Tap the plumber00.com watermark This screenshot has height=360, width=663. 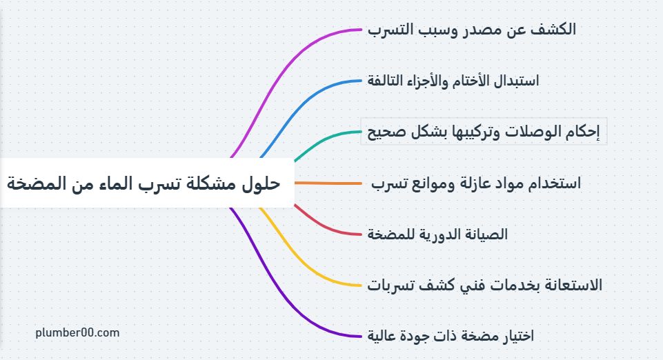[77, 332]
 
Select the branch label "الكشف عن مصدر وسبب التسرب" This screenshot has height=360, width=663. [471, 30]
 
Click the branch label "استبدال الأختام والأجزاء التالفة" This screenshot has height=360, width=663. [453, 81]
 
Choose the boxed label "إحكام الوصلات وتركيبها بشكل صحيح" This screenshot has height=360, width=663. [484, 132]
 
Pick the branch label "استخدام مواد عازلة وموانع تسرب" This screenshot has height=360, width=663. [475, 183]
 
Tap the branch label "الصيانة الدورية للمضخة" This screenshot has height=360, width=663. [437, 234]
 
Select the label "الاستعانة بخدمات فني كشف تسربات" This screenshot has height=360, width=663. [484, 286]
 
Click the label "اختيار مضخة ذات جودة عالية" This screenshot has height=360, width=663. [451, 336]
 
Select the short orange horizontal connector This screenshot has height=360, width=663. [328, 183]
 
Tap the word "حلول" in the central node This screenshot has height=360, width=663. [261, 183]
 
